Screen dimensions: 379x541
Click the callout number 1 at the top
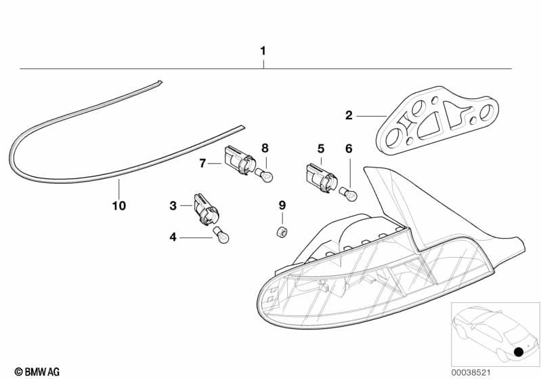(263, 51)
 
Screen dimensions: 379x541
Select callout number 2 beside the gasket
(349, 116)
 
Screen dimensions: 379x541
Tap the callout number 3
(173, 204)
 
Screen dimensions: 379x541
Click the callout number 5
(321, 148)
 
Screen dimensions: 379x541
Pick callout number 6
(349, 148)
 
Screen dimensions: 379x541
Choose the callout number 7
(202, 163)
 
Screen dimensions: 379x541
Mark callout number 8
(265, 147)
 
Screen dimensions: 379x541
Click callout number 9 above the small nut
(282, 205)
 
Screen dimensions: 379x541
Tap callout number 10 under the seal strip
(119, 204)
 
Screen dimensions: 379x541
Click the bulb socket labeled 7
(238, 161)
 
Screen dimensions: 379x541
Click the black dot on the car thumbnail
(519, 352)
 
